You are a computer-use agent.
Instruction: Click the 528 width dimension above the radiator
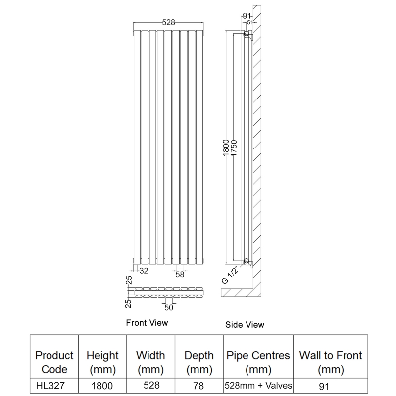pyautogui.click(x=168, y=22)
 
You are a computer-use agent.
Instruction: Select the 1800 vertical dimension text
pyautogui.click(x=226, y=148)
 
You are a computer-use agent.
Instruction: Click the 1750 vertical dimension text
pyautogui.click(x=234, y=148)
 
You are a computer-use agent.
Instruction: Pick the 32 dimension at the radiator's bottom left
pyautogui.click(x=144, y=271)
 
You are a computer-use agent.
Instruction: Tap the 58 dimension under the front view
pyautogui.click(x=179, y=275)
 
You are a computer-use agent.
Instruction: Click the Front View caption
pyautogui.click(x=147, y=323)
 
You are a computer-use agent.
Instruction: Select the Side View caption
pyautogui.click(x=245, y=325)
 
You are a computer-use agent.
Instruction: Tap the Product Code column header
pyautogui.click(x=54, y=362)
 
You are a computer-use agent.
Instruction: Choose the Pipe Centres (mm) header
pyautogui.click(x=258, y=362)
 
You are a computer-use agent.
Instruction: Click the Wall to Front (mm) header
pyautogui.click(x=331, y=362)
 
